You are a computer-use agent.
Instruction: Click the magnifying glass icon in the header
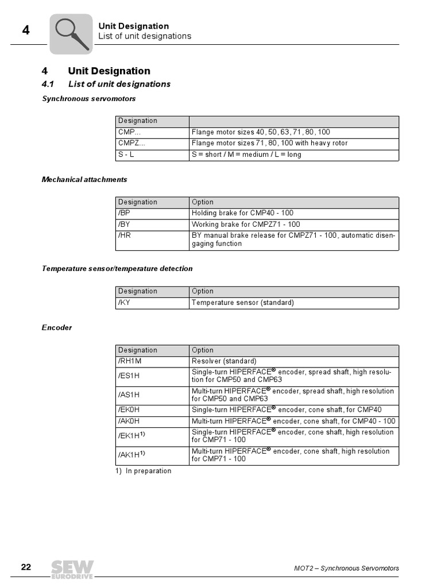coord(71,33)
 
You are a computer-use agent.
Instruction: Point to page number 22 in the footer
coord(26,567)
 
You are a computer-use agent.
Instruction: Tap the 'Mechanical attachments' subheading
coord(84,179)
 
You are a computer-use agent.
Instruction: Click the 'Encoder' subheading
coord(57,327)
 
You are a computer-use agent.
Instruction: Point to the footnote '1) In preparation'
coord(144,471)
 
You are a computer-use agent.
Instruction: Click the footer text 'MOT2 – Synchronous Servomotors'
coord(342,568)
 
